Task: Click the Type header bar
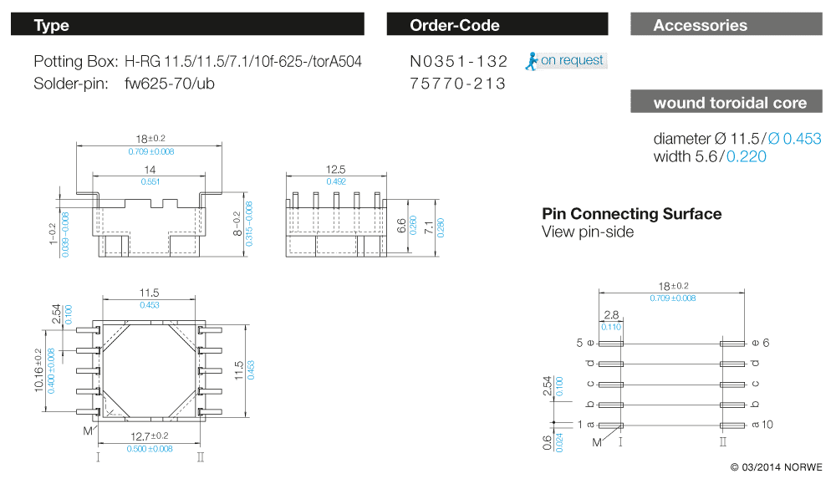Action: click(188, 25)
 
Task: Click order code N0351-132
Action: click(459, 61)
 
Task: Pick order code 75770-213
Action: click(458, 84)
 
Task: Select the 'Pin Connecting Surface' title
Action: click(631, 214)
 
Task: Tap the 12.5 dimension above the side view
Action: click(335, 170)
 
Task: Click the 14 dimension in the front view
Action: click(150, 170)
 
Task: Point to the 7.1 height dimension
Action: click(429, 225)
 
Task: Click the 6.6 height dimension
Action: click(401, 225)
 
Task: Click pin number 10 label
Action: click(767, 425)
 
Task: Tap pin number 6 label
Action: click(767, 343)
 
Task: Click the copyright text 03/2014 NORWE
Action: click(776, 466)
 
